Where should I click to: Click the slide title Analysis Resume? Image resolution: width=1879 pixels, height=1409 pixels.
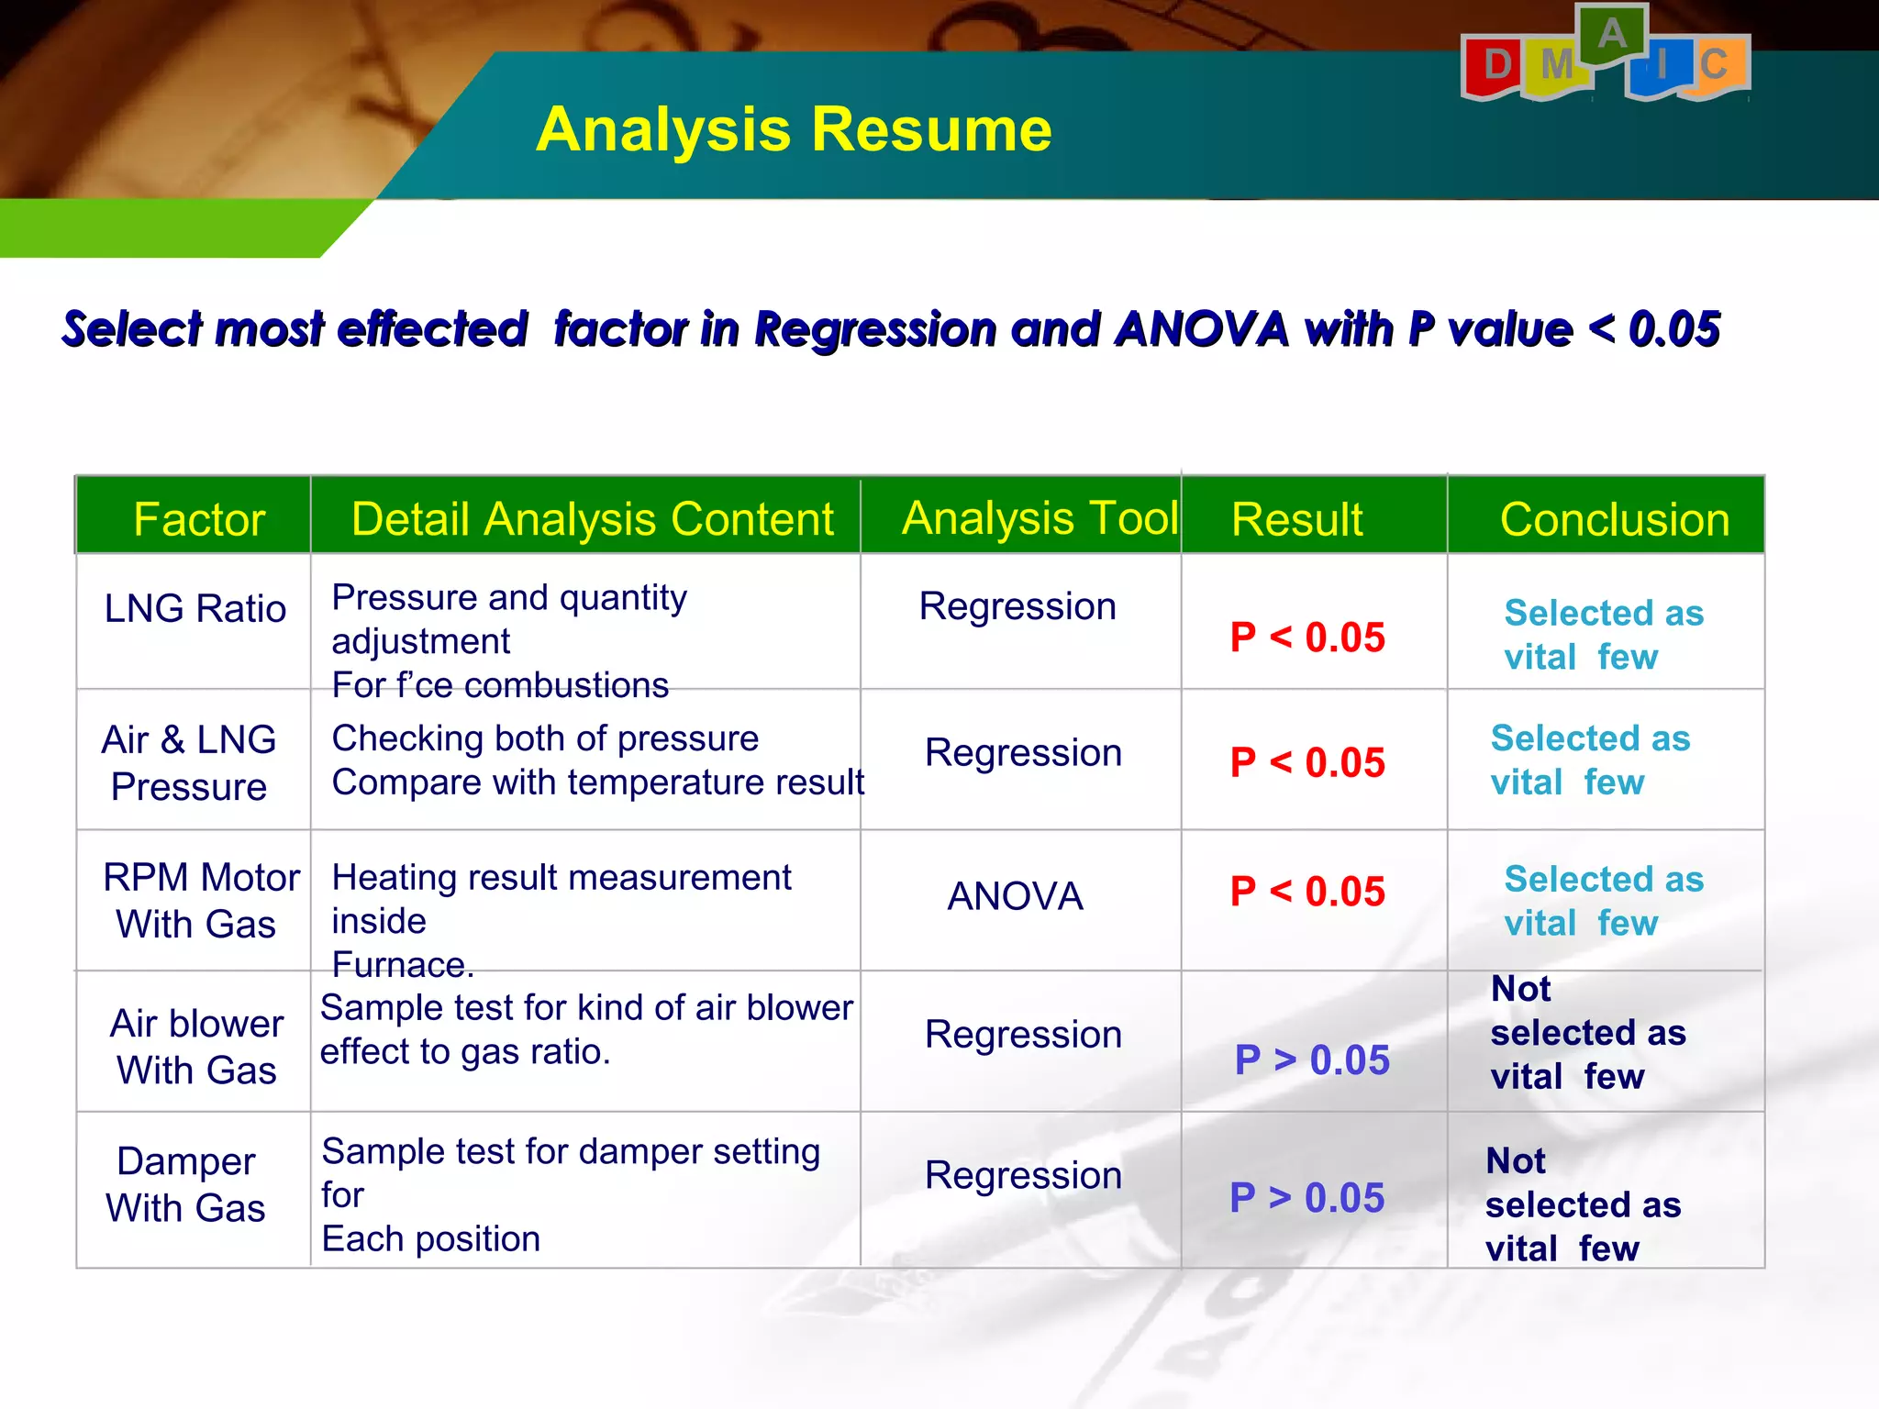(794, 129)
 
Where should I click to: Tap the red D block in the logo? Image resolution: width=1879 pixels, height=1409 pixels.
(1495, 66)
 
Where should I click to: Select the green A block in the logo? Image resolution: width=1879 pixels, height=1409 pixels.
(1612, 35)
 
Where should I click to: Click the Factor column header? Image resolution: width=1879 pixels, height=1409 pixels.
(199, 519)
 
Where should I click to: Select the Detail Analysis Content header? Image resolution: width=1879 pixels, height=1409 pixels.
(592, 519)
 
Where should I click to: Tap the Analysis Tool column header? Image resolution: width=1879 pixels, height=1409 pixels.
(1040, 518)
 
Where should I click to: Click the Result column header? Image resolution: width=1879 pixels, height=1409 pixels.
(1296, 519)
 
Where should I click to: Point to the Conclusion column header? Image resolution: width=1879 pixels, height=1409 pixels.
(1614, 519)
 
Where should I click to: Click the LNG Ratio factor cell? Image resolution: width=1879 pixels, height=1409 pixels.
(195, 609)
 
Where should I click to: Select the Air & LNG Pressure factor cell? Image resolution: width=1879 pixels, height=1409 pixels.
(189, 763)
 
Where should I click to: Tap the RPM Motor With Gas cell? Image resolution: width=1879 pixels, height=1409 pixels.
(200, 901)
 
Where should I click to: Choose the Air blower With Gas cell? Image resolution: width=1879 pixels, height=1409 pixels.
(196, 1047)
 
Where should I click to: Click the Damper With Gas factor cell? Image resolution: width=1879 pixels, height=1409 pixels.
(186, 1184)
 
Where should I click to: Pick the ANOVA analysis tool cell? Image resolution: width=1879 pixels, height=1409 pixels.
(1015, 896)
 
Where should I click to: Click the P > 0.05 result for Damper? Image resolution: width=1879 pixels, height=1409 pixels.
(1306, 1198)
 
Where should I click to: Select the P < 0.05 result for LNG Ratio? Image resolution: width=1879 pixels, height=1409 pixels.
(1307, 638)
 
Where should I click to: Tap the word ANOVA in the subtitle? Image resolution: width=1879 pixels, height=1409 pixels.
(1202, 329)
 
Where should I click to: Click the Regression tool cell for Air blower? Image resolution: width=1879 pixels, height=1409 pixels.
(1023, 1035)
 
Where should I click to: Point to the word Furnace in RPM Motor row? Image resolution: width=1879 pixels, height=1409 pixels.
(401, 965)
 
